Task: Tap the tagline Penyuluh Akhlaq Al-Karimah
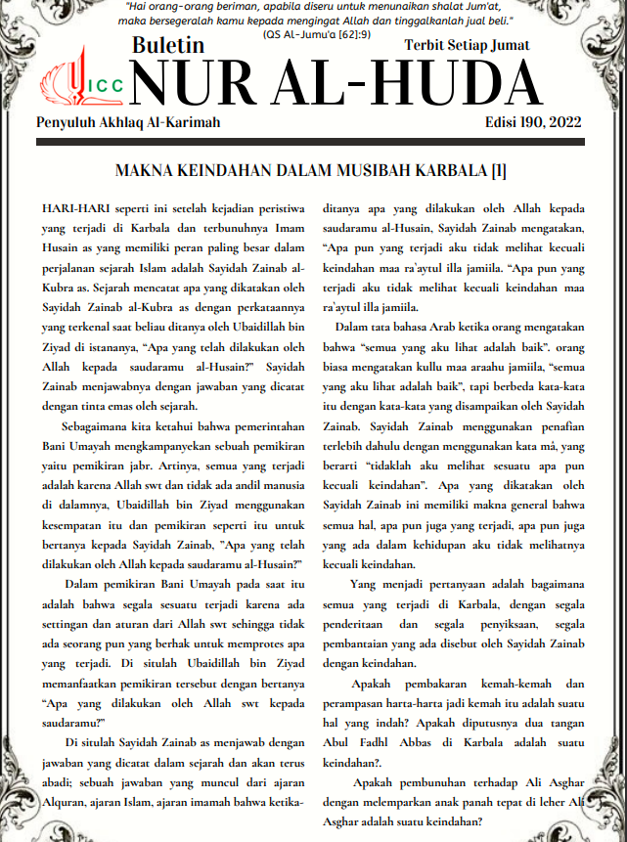click(x=128, y=122)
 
